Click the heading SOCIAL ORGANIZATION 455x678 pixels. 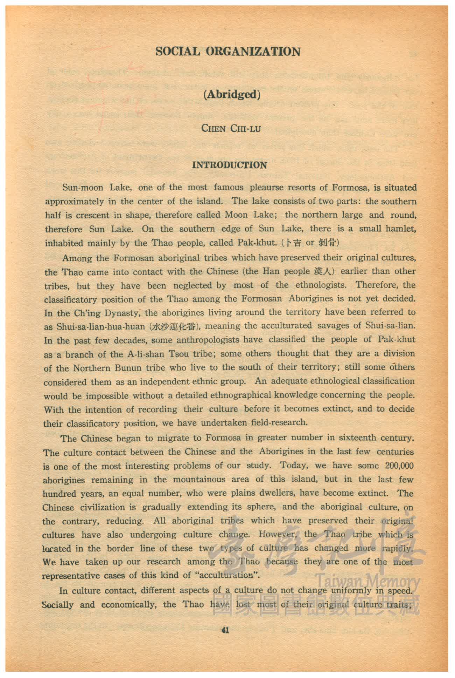point(228,52)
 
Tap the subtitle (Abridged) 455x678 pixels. point(231,95)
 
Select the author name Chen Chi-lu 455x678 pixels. point(231,128)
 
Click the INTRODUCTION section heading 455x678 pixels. point(229,165)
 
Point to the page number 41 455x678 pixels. point(225,630)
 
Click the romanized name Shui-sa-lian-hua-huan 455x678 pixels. point(100,327)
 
